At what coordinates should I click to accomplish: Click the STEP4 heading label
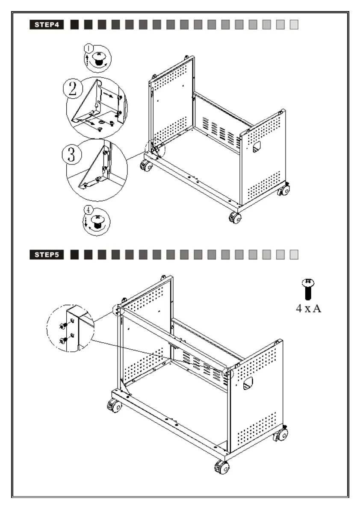47,25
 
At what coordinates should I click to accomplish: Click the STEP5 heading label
47,255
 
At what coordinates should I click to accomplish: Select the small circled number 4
88,210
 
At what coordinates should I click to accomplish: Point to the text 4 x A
308,308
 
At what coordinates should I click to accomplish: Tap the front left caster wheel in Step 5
114,405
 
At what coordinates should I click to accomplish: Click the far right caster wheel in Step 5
281,435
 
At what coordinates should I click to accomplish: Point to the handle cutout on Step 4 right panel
256,147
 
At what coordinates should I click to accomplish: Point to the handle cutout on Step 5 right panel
248,383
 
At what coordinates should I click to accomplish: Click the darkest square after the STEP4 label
74,25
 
